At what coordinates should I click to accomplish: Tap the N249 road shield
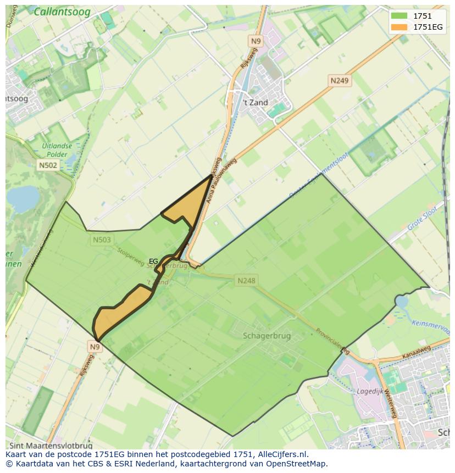pyautogui.click(x=339, y=81)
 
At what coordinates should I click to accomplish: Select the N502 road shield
pyautogui.click(x=48, y=165)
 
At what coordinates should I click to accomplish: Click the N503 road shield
pyautogui.click(x=101, y=240)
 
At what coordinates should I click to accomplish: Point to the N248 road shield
pyautogui.click(x=246, y=281)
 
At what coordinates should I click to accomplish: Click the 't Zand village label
pyautogui.click(x=256, y=103)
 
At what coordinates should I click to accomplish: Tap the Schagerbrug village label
pyautogui.click(x=267, y=336)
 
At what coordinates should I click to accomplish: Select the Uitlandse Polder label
pyautogui.click(x=57, y=151)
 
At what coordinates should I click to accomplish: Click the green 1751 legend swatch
pyautogui.click(x=399, y=16)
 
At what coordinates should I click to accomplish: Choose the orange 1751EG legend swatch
pyautogui.click(x=399, y=27)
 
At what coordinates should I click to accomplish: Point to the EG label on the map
pyautogui.click(x=153, y=261)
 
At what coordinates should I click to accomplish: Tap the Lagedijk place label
pyautogui.click(x=369, y=392)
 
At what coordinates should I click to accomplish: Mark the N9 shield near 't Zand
pyautogui.click(x=256, y=41)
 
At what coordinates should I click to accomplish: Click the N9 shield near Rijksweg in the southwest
pyautogui.click(x=95, y=347)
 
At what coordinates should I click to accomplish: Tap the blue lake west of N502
pyautogui.click(x=22, y=198)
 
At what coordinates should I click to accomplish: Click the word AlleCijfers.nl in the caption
pyautogui.click(x=281, y=454)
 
